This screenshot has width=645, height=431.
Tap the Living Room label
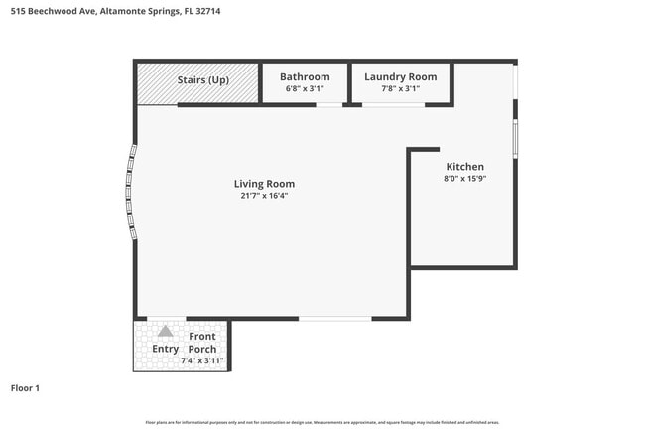coord(264,184)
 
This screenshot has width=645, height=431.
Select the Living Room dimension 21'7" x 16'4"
coord(264,196)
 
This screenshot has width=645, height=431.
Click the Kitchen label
coord(464,167)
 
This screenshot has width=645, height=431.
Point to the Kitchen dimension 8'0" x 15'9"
coord(464,179)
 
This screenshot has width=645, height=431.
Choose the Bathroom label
coord(305,77)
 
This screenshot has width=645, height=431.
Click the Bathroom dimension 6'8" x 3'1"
coord(305,89)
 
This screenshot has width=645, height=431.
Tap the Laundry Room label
coord(401,77)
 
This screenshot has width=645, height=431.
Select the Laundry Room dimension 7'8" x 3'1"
coord(401,89)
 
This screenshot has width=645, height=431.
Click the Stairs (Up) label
coord(203,79)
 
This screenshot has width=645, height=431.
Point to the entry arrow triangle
coord(166,333)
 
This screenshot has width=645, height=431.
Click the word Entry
coord(166,349)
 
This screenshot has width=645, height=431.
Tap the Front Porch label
coord(202,343)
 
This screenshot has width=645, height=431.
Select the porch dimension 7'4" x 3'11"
coord(202,360)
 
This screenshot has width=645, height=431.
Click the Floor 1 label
coord(25,388)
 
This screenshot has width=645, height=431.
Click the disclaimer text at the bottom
coord(322,423)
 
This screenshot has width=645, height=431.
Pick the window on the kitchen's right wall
coord(515,138)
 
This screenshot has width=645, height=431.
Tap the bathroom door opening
coord(328,105)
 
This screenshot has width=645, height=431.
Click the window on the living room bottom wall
coord(335,319)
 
